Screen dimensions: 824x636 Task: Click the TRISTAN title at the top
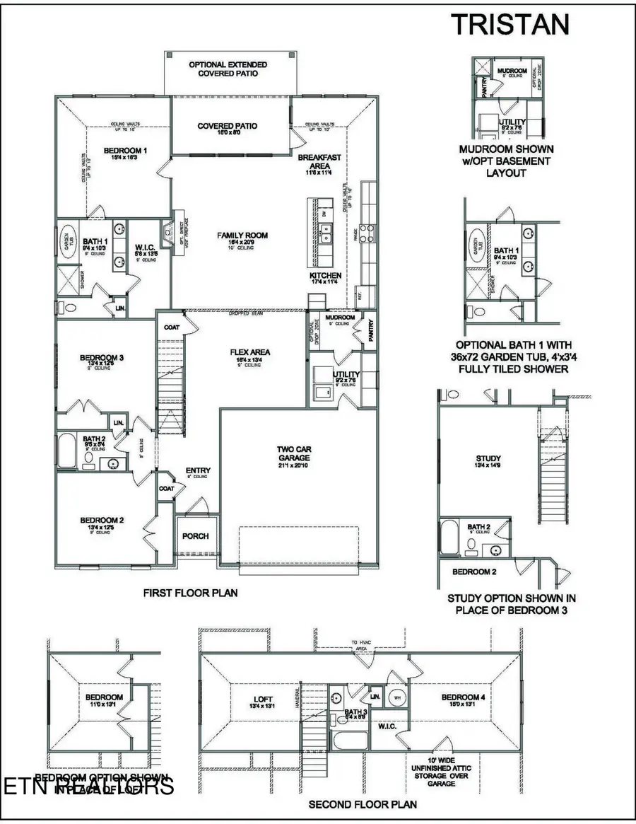(x=510, y=23)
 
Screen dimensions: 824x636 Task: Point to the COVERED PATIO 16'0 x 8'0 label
(x=227, y=129)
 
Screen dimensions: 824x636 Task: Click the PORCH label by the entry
(x=195, y=535)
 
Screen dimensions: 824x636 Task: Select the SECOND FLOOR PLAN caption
(x=362, y=804)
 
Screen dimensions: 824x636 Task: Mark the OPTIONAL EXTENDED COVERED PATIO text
(x=228, y=69)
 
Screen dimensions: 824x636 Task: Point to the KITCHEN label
(x=325, y=275)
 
